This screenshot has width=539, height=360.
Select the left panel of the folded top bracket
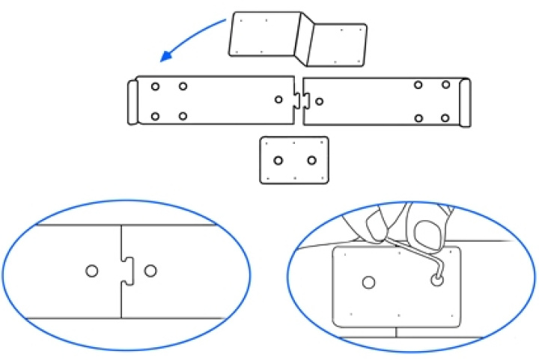(266, 33)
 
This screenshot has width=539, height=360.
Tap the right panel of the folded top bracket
(339, 44)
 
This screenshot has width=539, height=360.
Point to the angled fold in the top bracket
(305, 37)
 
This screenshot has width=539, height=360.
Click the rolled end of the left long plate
(133, 101)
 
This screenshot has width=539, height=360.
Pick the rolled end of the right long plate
(465, 102)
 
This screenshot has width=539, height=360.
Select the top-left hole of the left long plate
(155, 87)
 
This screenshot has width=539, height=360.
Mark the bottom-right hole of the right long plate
(445, 118)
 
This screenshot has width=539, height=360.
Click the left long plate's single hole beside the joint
(279, 100)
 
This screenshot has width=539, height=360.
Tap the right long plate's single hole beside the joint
(319, 101)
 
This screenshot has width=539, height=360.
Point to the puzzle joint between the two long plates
(299, 100)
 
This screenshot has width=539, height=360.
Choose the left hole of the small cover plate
(278, 160)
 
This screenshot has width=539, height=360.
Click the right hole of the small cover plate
(312, 160)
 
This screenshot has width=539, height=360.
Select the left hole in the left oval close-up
(91, 270)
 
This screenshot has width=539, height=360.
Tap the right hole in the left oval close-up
(151, 270)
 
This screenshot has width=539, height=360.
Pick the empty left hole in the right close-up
(368, 282)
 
